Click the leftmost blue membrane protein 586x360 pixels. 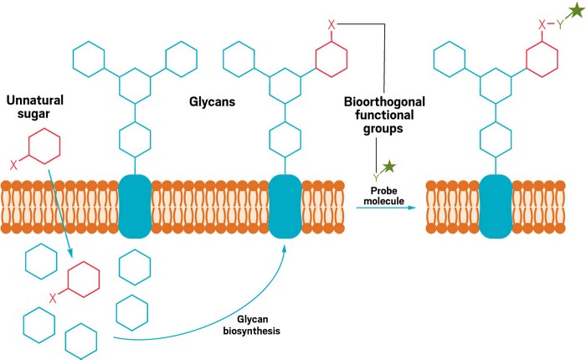click(x=135, y=204)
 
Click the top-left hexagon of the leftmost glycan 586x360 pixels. click(x=88, y=59)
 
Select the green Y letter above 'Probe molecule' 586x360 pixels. click(x=378, y=177)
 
